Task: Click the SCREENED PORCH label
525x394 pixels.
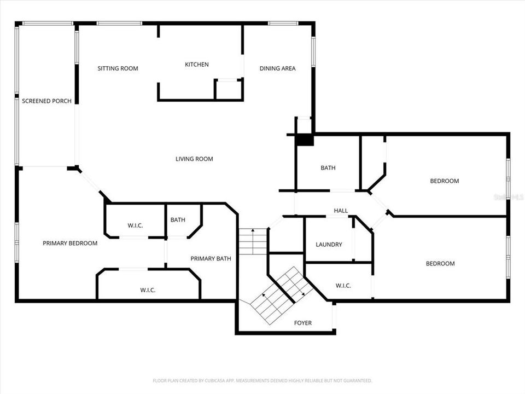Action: pos(46,101)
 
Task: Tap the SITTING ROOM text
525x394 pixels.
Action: pos(118,68)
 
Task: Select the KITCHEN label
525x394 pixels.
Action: pos(196,65)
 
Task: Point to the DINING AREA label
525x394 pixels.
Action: pos(277,68)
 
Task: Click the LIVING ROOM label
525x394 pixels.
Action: pos(194,159)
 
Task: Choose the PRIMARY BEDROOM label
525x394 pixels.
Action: pos(70,243)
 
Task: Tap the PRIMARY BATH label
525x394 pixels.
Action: pos(211,258)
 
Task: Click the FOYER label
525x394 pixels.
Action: pos(303,323)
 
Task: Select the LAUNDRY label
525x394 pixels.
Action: pos(329,245)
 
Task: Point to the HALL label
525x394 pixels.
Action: pos(341,211)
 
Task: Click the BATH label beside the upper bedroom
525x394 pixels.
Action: pos(328,168)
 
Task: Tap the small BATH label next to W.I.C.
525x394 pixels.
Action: pos(178,220)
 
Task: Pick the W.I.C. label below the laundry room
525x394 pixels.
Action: pos(343,285)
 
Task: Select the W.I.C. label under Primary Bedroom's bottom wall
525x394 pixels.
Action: pos(148,290)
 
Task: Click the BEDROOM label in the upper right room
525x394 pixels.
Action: pos(444,181)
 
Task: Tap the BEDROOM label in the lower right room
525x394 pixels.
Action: pos(440,264)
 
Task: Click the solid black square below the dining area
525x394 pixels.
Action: pos(304,140)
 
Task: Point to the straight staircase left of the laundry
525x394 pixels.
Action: pos(253,241)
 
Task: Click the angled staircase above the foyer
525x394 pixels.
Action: pos(279,296)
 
